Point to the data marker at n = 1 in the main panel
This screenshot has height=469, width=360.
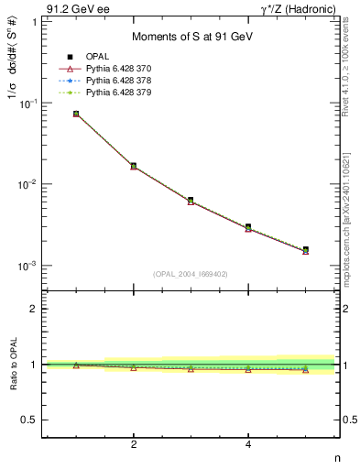tap(76, 114)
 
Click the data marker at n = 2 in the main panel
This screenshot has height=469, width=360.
tap(134, 166)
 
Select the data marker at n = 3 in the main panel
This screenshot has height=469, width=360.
tap(191, 200)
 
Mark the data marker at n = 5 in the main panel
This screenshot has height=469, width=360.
tap(305, 249)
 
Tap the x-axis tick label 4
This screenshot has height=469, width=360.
tap(248, 444)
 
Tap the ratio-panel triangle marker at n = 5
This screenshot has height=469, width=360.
tap(305, 370)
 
